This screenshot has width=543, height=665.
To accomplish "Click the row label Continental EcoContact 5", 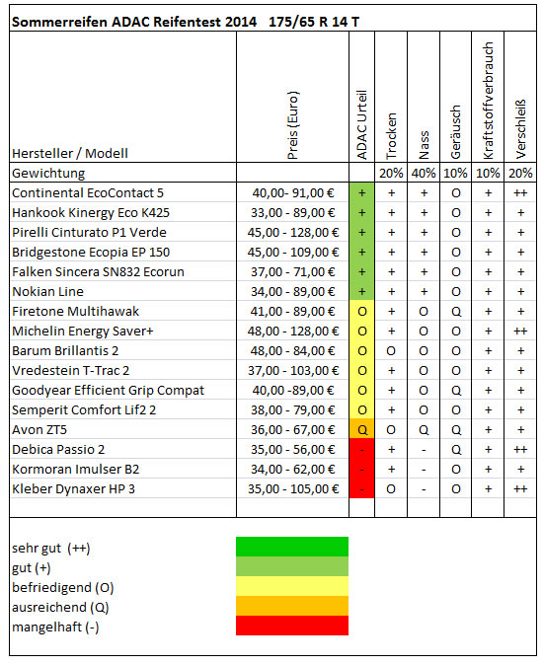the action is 88,193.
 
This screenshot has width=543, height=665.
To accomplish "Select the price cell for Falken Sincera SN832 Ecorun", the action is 292,272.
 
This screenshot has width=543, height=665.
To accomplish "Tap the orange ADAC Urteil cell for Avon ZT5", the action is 362,429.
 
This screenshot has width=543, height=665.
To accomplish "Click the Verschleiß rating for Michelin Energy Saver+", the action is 520,332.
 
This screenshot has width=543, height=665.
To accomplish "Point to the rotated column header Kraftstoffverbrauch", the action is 489,101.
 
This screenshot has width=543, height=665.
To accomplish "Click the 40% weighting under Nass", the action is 424,173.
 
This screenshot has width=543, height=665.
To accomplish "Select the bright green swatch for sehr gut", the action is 292,547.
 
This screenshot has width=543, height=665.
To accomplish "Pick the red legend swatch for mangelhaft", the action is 292,626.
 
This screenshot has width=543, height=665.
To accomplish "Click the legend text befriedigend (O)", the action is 63,588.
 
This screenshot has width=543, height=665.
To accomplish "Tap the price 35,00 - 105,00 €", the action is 293,489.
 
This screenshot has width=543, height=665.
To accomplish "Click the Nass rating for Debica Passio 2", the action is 424,450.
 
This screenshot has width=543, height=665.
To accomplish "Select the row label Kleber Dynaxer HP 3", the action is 73,489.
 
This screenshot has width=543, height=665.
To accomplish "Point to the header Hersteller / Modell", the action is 70,153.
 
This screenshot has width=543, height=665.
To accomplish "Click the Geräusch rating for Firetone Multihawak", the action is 456,312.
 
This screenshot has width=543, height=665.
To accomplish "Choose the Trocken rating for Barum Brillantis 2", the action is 391,351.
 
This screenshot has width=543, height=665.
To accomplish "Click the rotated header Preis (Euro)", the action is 292,125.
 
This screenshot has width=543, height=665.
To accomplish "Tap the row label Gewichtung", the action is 48,173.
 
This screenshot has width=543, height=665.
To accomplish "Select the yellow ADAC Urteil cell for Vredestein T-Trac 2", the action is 362,371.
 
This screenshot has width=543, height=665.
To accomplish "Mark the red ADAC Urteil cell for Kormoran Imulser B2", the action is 362,470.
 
